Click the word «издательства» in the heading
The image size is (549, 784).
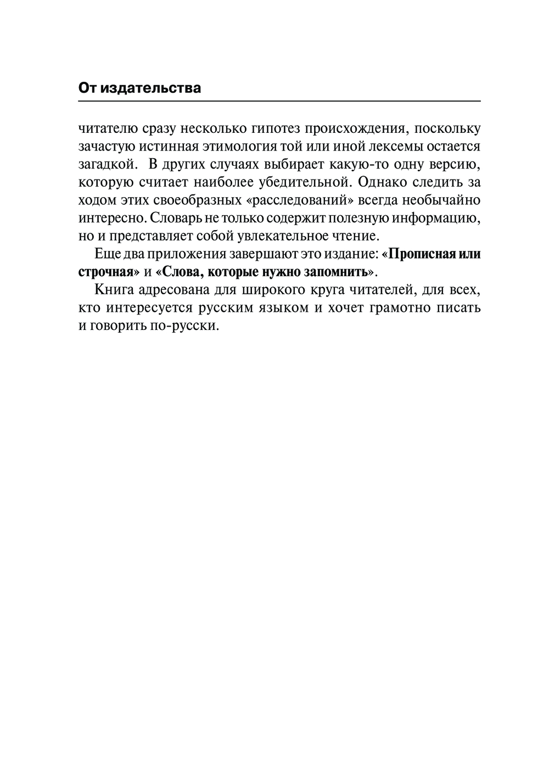coord(150,88)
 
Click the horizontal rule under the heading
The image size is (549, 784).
coord(279,102)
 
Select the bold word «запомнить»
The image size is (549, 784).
coord(335,272)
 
